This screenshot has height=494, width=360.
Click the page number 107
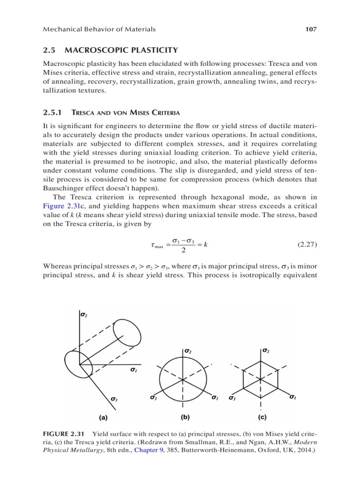pos(311,29)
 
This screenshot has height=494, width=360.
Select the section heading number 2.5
pos(49,50)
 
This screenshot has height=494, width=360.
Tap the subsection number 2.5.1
pos(51,113)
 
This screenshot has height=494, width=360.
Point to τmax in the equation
pos(154,245)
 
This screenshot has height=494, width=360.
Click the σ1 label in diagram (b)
pos(214,398)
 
